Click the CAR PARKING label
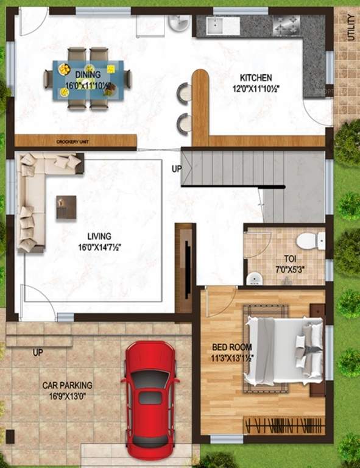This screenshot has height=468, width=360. tap(67, 385)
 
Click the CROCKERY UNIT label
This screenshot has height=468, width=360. tap(73, 141)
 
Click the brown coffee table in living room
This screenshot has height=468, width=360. tap(66, 207)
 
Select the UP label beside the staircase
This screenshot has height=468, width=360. tap(176, 169)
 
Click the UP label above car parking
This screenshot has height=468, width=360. tap(38, 353)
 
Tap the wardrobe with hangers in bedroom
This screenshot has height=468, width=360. tap(284, 424)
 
